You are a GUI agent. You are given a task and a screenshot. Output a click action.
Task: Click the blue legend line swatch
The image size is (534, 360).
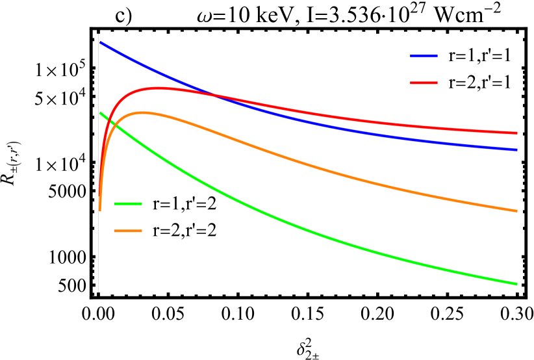424,57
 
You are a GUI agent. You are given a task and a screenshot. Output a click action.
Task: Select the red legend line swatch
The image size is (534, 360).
424,83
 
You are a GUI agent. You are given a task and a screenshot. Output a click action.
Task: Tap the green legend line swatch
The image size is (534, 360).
127,204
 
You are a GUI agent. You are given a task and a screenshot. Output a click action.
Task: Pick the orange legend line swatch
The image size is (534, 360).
127,231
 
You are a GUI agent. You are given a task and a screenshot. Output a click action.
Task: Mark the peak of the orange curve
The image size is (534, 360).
141,113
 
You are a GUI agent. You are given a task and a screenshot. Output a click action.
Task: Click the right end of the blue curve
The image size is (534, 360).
517,150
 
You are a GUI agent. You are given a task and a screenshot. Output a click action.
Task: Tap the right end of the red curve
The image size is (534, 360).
517,133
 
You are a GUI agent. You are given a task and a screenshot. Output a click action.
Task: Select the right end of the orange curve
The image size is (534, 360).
517,211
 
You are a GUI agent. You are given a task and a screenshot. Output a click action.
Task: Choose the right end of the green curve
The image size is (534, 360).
517,284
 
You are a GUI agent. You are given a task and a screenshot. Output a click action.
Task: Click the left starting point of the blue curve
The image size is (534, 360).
99,42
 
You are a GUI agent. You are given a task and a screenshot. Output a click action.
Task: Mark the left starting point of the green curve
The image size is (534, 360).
99,112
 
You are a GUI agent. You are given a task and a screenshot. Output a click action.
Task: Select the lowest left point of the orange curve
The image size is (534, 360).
99,211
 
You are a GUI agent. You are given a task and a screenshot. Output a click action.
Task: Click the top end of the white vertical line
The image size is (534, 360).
98,34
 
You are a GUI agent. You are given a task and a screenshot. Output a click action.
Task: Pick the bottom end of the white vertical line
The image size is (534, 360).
98,292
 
